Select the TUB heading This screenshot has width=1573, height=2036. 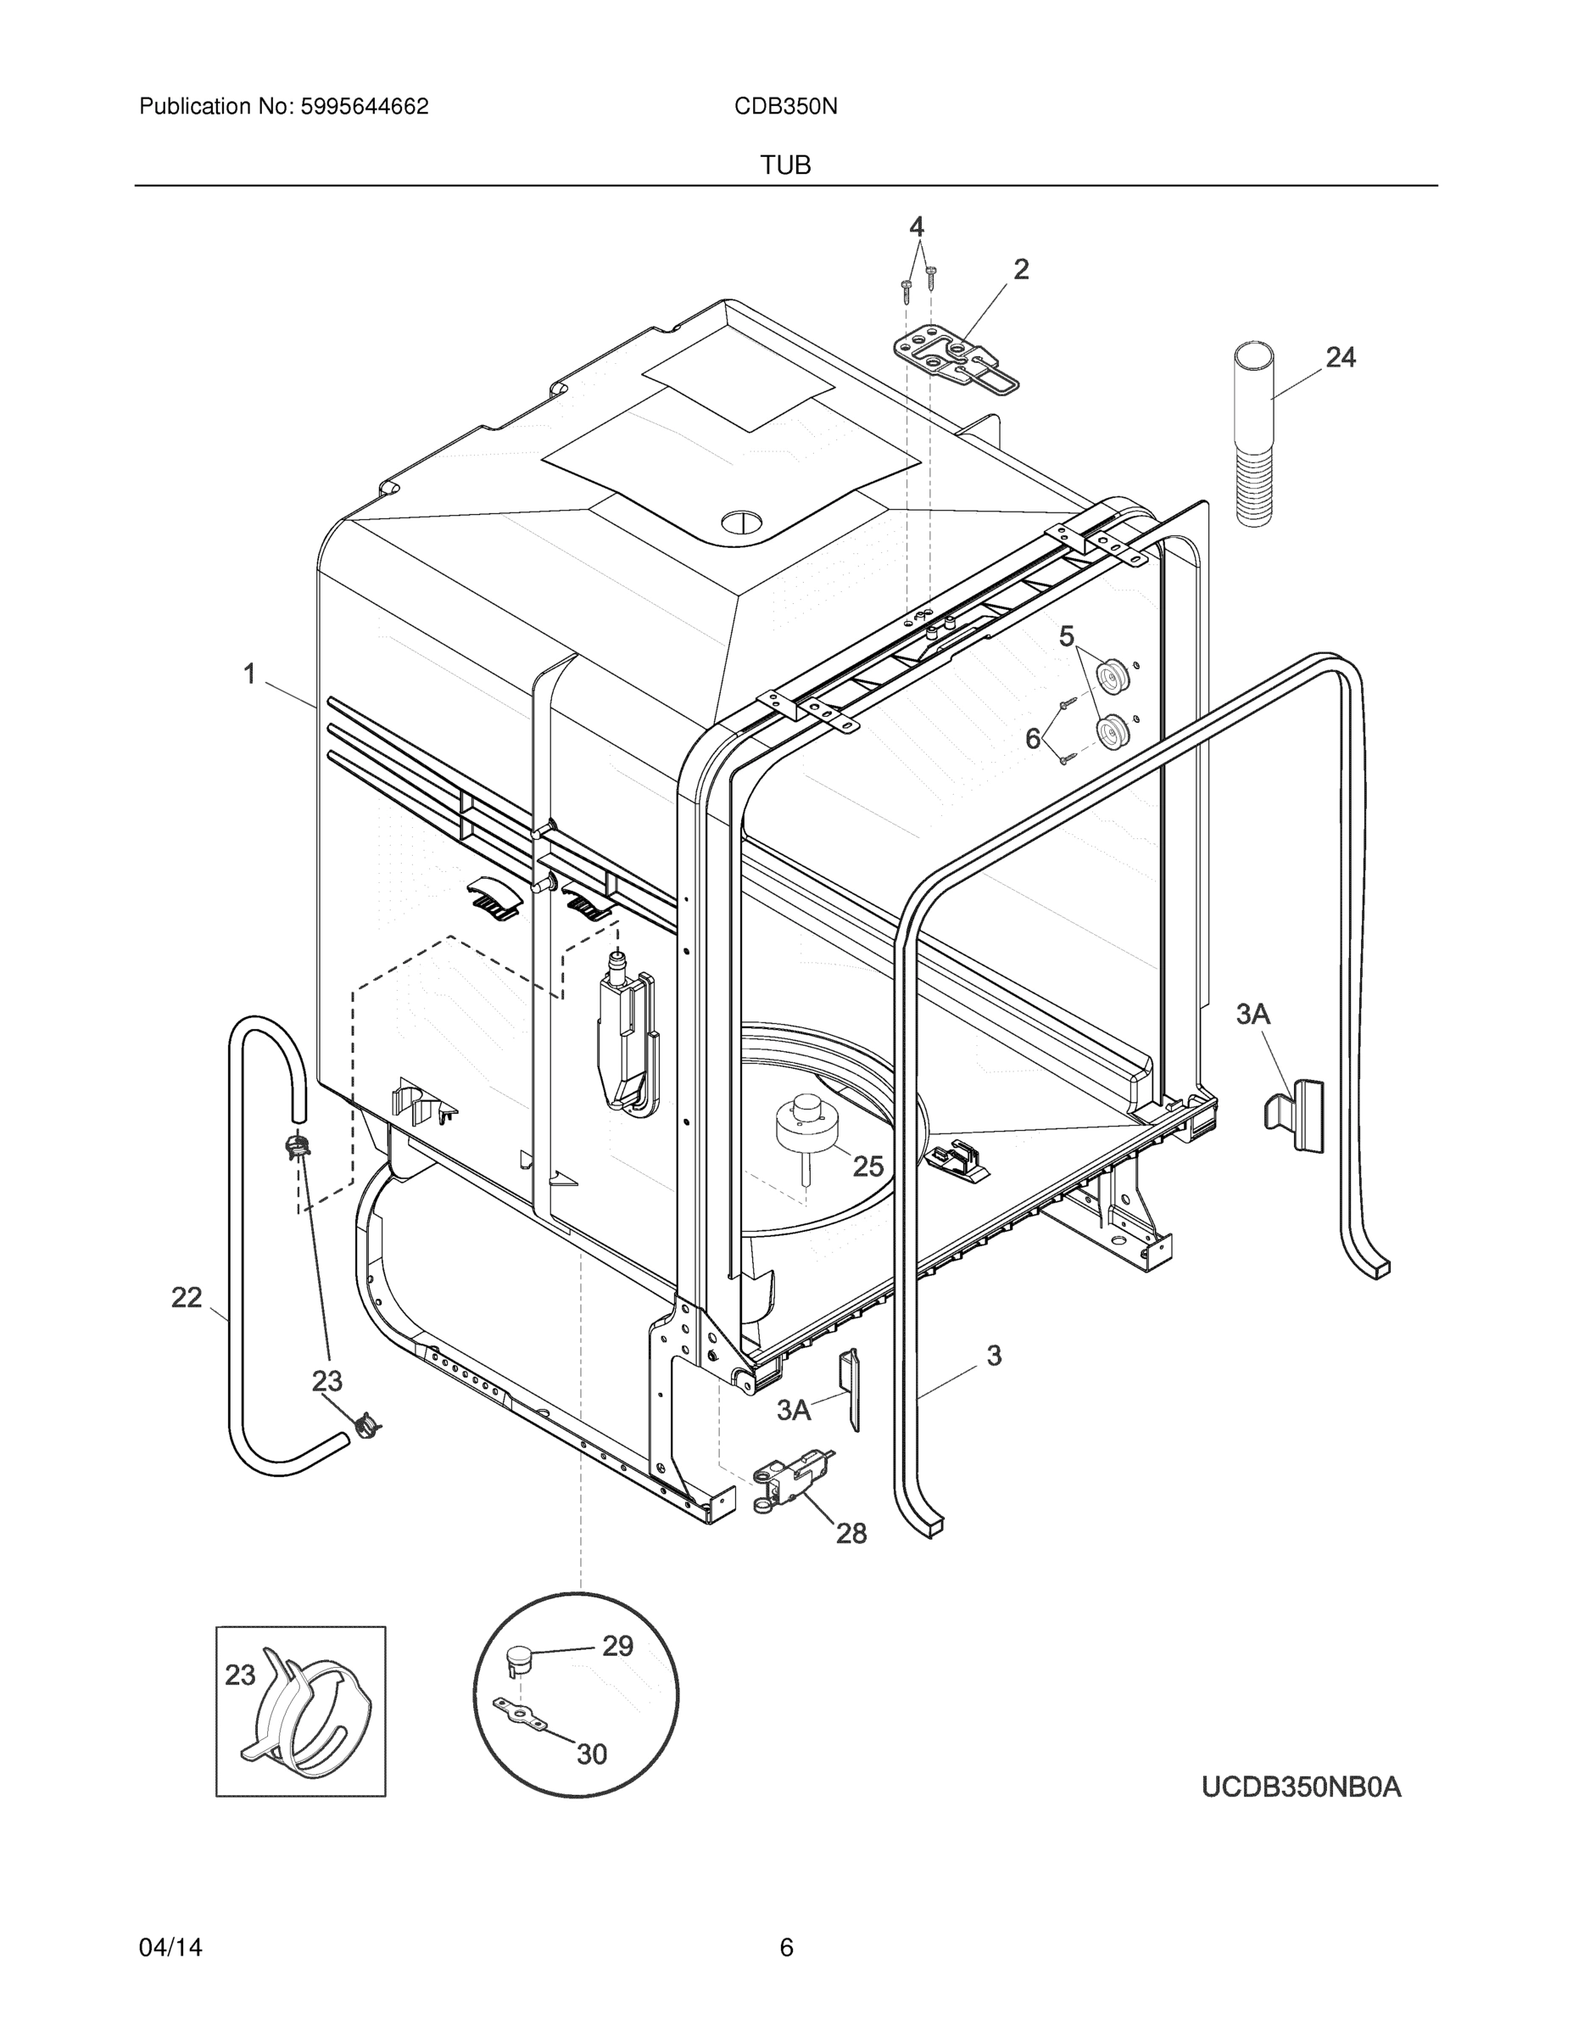784,165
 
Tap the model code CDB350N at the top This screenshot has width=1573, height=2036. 784,106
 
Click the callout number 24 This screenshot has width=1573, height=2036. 1340,357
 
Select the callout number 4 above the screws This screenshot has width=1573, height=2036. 916,227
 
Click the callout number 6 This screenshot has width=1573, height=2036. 1033,738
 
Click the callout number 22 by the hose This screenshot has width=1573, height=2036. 187,1297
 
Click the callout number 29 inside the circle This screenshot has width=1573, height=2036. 616,1647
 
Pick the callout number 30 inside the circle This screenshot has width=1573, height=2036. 592,1754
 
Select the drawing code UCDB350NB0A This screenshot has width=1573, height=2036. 1301,1787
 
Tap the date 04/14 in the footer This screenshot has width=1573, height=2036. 170,1948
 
